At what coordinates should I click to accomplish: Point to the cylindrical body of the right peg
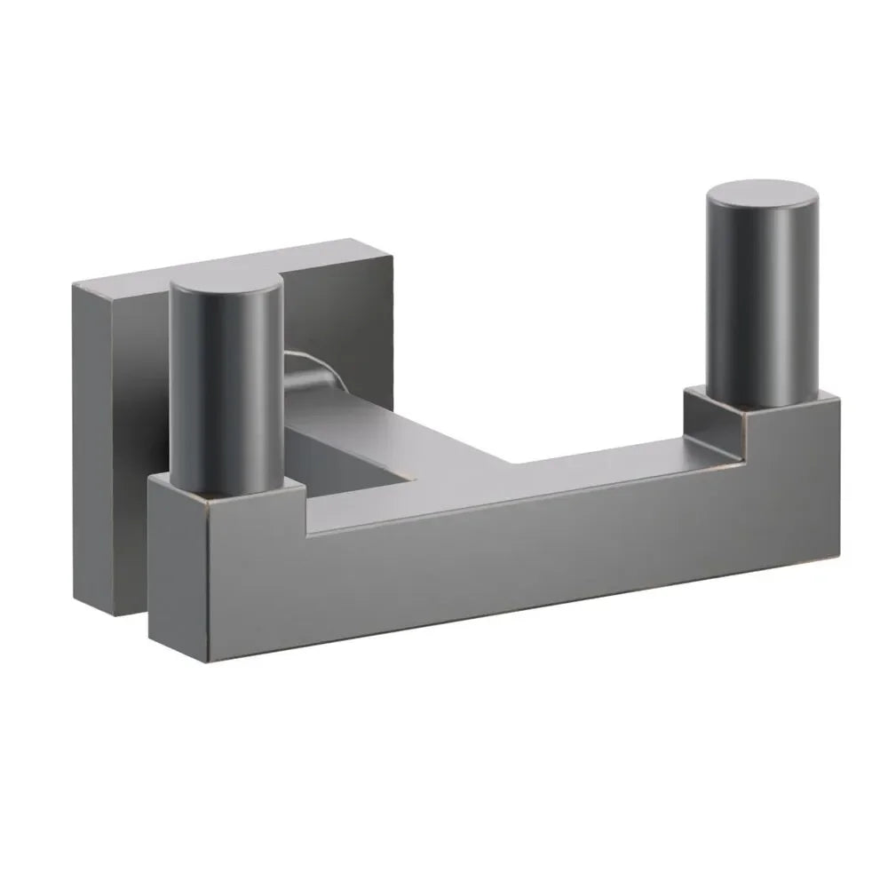[x=760, y=302]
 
